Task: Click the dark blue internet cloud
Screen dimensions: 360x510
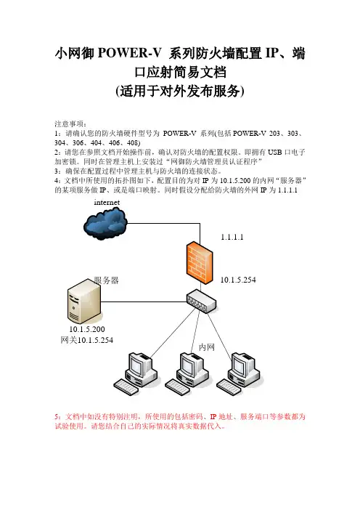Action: coord(105,224)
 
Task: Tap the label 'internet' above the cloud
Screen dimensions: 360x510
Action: coord(107,202)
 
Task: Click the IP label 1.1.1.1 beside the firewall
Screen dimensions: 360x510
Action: coord(232,237)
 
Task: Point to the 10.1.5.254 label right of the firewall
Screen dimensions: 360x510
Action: coord(238,280)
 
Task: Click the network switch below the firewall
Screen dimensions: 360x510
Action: coord(202,301)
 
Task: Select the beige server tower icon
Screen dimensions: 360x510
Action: coord(84,301)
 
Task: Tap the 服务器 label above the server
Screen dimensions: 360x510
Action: coord(106,280)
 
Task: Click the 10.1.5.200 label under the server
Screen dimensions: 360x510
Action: coord(87,329)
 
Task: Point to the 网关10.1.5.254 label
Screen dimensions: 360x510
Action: coord(87,340)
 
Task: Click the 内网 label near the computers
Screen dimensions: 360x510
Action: coord(207,347)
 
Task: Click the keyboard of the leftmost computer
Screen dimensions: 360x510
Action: coord(126,387)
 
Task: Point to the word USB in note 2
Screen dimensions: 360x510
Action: coord(275,153)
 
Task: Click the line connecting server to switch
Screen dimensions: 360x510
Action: coord(144,301)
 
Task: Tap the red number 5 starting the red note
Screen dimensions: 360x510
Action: coord(57,417)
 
